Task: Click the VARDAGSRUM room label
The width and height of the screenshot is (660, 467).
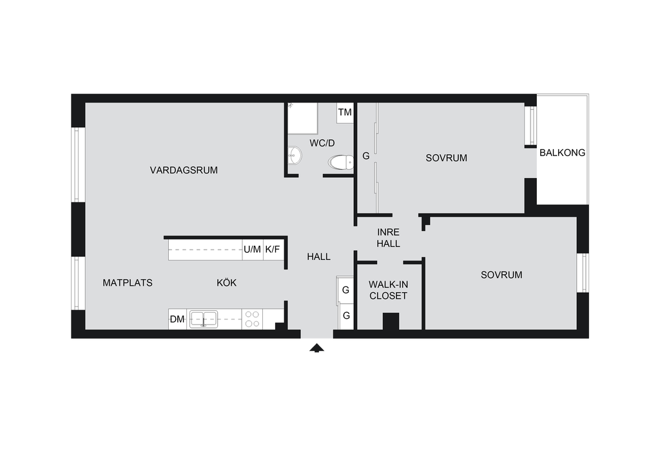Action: [x=184, y=171]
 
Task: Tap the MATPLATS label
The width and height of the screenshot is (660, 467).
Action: [x=128, y=283]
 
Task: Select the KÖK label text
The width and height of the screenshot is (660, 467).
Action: [x=226, y=283]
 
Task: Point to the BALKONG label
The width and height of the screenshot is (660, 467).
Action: [x=562, y=153]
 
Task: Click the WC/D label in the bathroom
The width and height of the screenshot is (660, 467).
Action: [x=322, y=142]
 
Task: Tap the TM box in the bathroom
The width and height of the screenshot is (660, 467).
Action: [x=345, y=113]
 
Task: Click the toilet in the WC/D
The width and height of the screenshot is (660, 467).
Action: [x=340, y=162]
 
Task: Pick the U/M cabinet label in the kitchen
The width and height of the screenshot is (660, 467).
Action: [x=252, y=249]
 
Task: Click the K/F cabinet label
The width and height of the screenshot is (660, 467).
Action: [x=273, y=249]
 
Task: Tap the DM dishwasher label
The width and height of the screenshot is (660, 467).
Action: [x=177, y=319]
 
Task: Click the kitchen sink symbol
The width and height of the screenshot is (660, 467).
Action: [x=203, y=319]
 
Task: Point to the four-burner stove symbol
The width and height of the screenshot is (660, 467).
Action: [x=252, y=319]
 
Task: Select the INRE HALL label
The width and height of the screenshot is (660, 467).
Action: [x=389, y=238]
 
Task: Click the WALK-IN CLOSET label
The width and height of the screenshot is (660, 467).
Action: [x=388, y=290]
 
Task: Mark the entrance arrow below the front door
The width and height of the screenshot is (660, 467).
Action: [x=315, y=348]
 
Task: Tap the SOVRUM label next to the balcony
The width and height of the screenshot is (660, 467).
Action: [x=446, y=158]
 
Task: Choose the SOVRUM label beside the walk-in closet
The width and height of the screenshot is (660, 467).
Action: [x=501, y=275]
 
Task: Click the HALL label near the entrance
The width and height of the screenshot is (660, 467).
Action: [x=318, y=257]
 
